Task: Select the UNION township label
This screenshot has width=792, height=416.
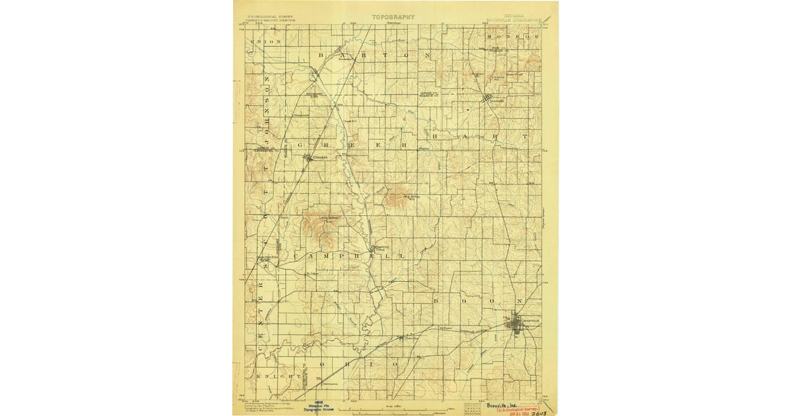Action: coord(265,42)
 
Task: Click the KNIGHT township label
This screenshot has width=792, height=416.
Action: coord(268,376)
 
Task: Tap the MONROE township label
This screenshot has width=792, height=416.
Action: coord(513,36)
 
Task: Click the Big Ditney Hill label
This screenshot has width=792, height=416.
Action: coord(411,196)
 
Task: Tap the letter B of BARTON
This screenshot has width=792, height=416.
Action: coord(321,56)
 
